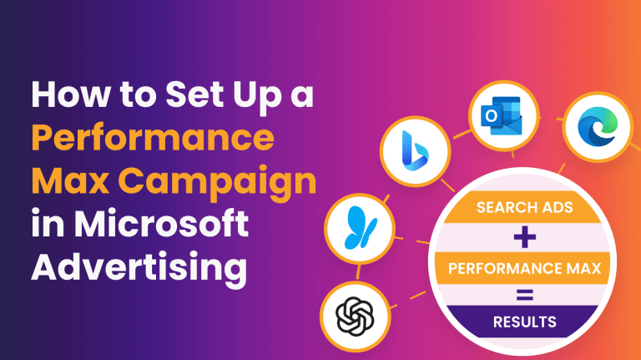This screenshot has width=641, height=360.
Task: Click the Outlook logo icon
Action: pos(502,116)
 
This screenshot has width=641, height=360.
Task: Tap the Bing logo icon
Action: pos(415,150)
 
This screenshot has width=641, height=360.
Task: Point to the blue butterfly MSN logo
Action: pos(360,228)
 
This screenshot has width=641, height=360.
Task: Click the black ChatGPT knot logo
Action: pos(355,317)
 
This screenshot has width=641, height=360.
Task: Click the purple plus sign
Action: pos(524,237)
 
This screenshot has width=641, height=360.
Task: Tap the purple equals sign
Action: pos(524,295)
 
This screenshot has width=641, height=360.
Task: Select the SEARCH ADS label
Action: pos(524,207)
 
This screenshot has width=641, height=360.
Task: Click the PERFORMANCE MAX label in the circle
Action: pos(524,268)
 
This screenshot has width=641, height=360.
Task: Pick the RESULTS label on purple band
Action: pos(524,322)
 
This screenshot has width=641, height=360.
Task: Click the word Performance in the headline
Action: pos(153,139)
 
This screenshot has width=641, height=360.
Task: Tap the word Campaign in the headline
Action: pos(217,182)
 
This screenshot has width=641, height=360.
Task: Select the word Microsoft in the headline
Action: pos(161,223)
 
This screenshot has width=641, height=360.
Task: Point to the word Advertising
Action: pos(139,268)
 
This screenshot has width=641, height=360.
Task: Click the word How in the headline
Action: pos(70,94)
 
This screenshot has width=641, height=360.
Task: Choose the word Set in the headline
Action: pos(193,94)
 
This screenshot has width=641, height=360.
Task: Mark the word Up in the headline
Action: pos(257,96)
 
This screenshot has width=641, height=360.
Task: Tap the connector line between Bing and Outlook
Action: pos(462,134)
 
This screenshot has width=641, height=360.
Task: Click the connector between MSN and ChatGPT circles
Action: pos(359,272)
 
